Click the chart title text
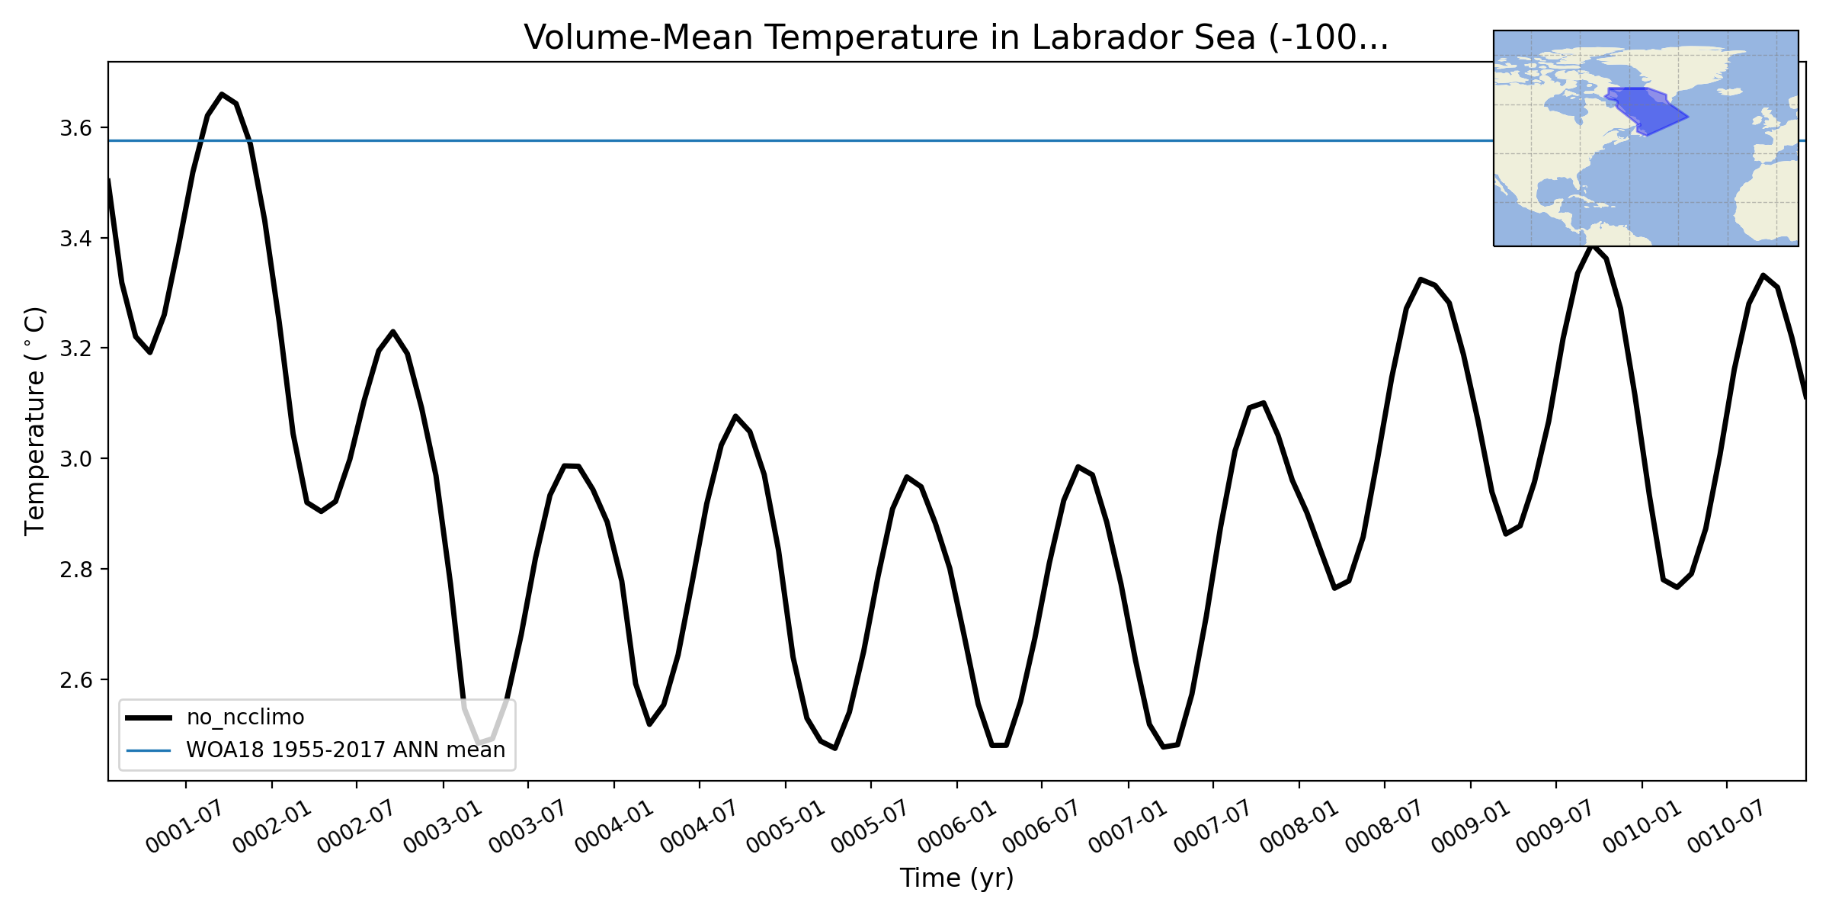[x=956, y=38]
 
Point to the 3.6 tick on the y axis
[x=75, y=128]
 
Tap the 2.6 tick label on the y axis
[x=75, y=680]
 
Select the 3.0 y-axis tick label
[x=75, y=459]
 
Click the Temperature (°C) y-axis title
[x=35, y=421]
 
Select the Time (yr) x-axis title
[x=956, y=878]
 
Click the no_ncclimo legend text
[x=245, y=718]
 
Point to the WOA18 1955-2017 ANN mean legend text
[x=345, y=750]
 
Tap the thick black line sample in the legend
[x=149, y=718]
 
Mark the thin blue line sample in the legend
[x=149, y=750]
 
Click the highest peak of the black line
[x=222, y=95]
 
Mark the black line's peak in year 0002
[x=392, y=332]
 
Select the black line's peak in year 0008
[x=1421, y=280]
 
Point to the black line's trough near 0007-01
[x=1164, y=746]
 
